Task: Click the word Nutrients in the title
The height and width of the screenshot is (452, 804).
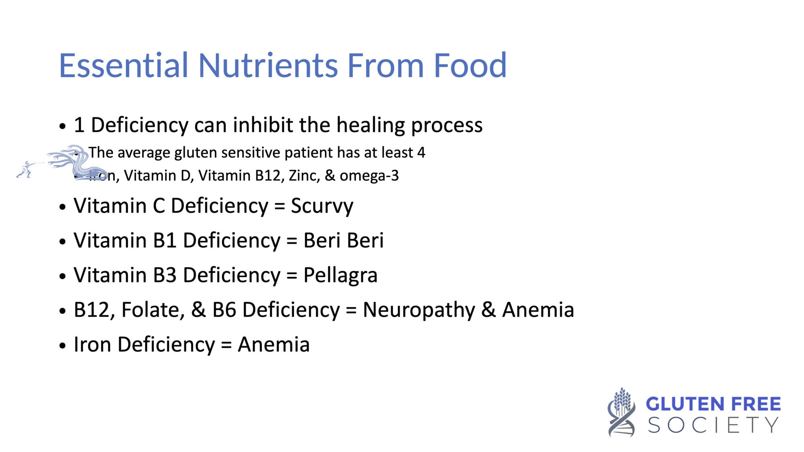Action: pyautogui.click(x=269, y=65)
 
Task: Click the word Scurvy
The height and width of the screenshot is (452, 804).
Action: pyautogui.click(x=322, y=207)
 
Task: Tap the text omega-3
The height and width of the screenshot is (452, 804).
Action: pyautogui.click(x=369, y=176)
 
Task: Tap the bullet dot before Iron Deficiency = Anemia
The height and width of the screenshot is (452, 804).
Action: pyautogui.click(x=62, y=346)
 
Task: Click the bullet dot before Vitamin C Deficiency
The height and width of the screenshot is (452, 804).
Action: pyautogui.click(x=62, y=207)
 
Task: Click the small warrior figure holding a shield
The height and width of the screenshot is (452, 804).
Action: pyautogui.click(x=25, y=169)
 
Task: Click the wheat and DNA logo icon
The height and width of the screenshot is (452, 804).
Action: pyautogui.click(x=621, y=412)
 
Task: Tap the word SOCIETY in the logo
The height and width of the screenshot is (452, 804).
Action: pyautogui.click(x=713, y=425)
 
